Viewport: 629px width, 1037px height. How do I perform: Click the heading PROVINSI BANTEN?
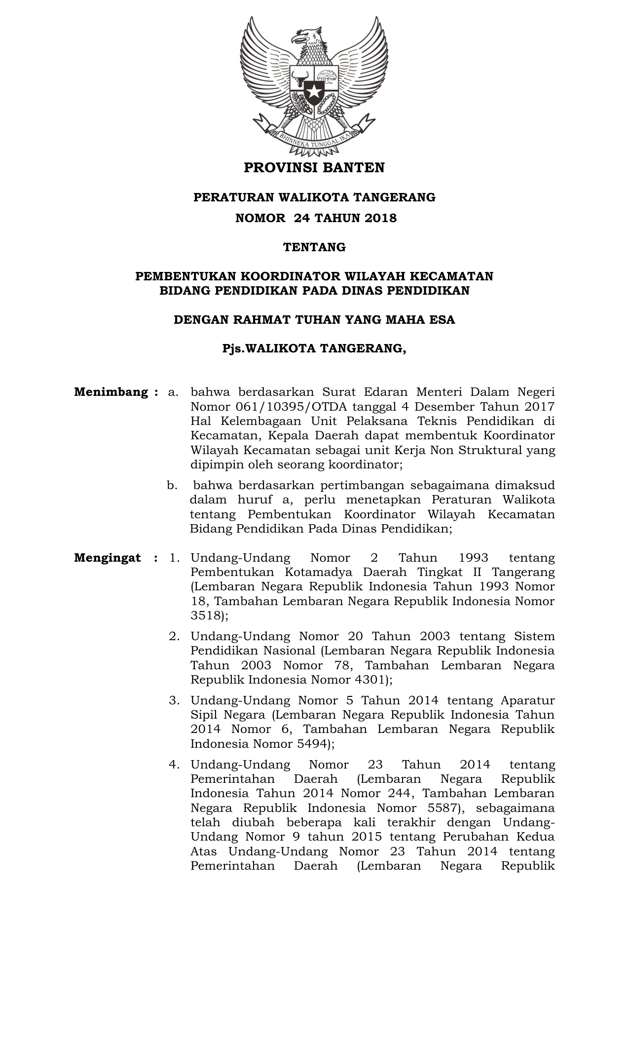click(x=314, y=168)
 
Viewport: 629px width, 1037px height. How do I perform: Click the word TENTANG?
click(x=314, y=247)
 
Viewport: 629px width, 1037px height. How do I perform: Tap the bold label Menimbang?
click(x=111, y=392)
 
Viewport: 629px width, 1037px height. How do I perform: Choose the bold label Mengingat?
click(x=108, y=558)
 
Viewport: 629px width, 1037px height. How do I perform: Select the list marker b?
click(x=172, y=486)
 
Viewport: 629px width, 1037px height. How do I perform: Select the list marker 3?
click(x=174, y=700)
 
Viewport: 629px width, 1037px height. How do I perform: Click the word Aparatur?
click(x=527, y=700)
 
